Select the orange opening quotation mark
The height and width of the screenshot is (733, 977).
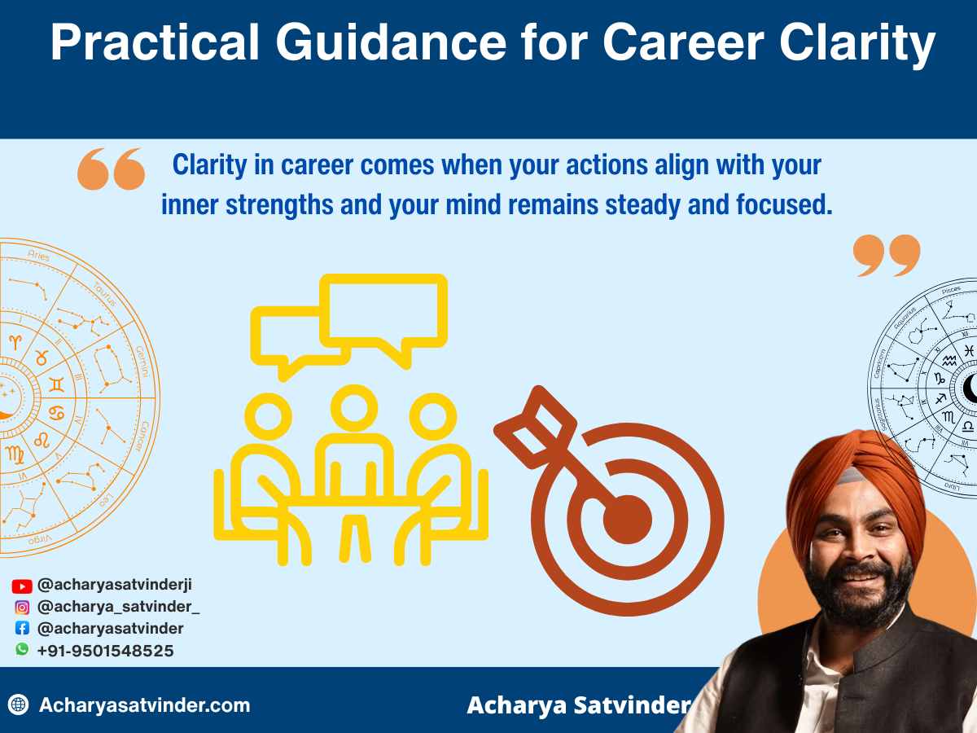111,169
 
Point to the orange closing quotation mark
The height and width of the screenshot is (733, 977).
887,256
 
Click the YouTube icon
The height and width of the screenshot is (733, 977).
22,586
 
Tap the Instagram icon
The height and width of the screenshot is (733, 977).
22,607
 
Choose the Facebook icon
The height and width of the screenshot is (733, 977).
22,629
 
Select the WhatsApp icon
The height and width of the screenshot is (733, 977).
22,650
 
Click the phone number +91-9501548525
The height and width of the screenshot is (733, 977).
105,651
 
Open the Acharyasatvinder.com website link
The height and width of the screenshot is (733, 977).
144,705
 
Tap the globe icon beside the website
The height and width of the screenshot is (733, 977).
18,705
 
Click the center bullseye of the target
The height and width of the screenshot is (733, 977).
627,518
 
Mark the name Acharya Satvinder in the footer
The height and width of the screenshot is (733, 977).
578,705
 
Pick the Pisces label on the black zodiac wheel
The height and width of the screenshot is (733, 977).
951,290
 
